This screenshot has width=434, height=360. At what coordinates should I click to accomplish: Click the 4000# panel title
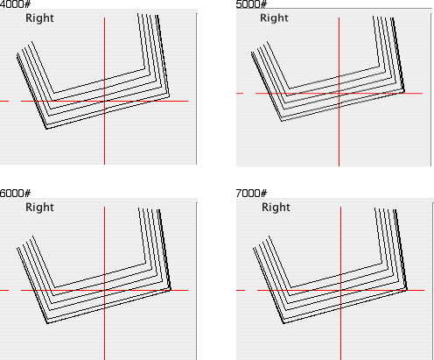[x=15, y=4]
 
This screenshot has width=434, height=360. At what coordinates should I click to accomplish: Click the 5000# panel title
[x=251, y=4]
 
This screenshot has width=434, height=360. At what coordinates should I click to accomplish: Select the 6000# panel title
[x=15, y=193]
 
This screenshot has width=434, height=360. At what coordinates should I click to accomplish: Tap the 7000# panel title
[x=251, y=193]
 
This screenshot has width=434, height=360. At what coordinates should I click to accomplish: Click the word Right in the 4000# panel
[x=39, y=18]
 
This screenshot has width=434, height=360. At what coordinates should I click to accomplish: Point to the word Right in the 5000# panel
[x=274, y=18]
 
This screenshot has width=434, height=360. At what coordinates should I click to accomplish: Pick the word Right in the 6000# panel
[x=39, y=208]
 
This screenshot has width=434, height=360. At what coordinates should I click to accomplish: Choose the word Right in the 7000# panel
[x=276, y=208]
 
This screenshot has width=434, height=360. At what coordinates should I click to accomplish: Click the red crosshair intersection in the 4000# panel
[x=104, y=102]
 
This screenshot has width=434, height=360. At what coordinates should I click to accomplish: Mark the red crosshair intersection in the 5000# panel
[x=339, y=94]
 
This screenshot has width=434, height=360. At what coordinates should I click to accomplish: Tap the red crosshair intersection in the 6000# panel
[x=104, y=290]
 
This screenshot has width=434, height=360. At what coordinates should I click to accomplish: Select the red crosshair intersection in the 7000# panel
[x=340, y=290]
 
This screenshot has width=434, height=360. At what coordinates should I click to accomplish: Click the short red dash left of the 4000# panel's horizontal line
[x=4, y=102]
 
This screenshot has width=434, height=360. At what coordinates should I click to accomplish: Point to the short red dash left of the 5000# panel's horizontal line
[x=240, y=94]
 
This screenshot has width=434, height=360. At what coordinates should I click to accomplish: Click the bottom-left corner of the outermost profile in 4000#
[x=46, y=129]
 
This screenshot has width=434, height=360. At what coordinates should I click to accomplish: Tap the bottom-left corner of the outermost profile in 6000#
[x=48, y=323]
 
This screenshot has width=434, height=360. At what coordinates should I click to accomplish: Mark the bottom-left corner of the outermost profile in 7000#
[x=284, y=323]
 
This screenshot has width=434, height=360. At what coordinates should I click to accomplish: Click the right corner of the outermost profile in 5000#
[x=404, y=92]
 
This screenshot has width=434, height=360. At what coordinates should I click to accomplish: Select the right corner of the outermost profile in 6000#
[x=171, y=290]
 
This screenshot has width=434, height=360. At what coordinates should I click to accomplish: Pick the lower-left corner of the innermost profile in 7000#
[x=290, y=287]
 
